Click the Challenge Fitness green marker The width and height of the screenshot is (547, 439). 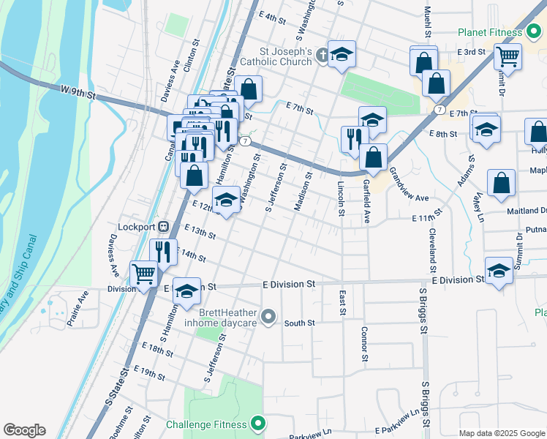[257, 424]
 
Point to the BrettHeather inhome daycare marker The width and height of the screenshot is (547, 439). [268, 317]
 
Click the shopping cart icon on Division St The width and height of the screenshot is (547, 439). [144, 274]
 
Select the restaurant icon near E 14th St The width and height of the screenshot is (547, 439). [163, 251]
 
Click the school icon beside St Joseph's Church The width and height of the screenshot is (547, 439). [342, 55]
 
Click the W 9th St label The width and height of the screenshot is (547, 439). [78, 91]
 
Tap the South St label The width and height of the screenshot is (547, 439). [299, 323]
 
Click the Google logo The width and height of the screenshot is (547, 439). [25, 430]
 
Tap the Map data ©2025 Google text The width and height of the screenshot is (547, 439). [501, 432]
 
